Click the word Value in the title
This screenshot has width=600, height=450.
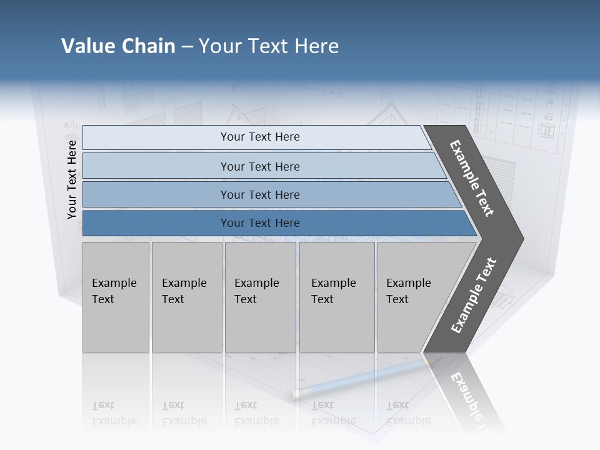pos(87,46)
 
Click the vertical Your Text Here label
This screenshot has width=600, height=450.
pos(72,179)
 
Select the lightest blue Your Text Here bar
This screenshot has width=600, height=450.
pos(259,137)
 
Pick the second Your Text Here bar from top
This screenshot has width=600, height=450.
pos(259,166)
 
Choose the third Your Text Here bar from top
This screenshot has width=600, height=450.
pos(259,194)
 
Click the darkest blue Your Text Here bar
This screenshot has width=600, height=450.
pos(259,223)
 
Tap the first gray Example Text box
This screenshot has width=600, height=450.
pos(116,297)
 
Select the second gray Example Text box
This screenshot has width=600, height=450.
pos(186,297)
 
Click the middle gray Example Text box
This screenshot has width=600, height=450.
pos(260,297)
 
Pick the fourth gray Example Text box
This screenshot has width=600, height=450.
pos(336,297)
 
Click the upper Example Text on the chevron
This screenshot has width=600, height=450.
pos(472,178)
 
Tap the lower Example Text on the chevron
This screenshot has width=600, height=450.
pos(473,296)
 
